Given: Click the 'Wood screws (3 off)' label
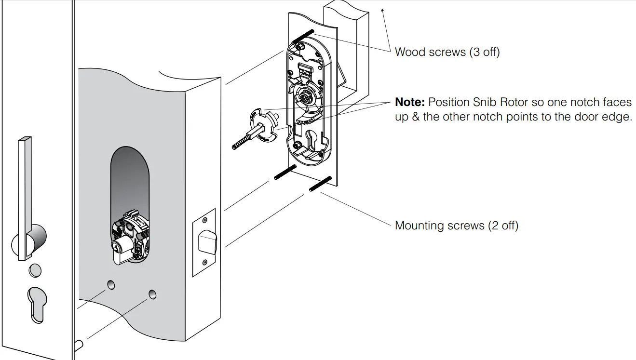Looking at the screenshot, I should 447,52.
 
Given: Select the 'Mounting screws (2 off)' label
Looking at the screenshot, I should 456,225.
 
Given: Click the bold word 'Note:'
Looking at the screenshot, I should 409,102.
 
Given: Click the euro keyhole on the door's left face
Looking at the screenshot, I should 37,304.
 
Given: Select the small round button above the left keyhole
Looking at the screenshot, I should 35,270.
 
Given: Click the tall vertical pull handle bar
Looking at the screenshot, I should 24,198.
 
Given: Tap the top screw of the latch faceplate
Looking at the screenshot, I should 204,220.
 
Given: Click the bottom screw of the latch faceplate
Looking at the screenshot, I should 204,262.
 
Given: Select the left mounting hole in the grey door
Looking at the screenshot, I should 111,285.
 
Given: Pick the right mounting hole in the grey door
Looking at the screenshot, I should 153,293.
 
